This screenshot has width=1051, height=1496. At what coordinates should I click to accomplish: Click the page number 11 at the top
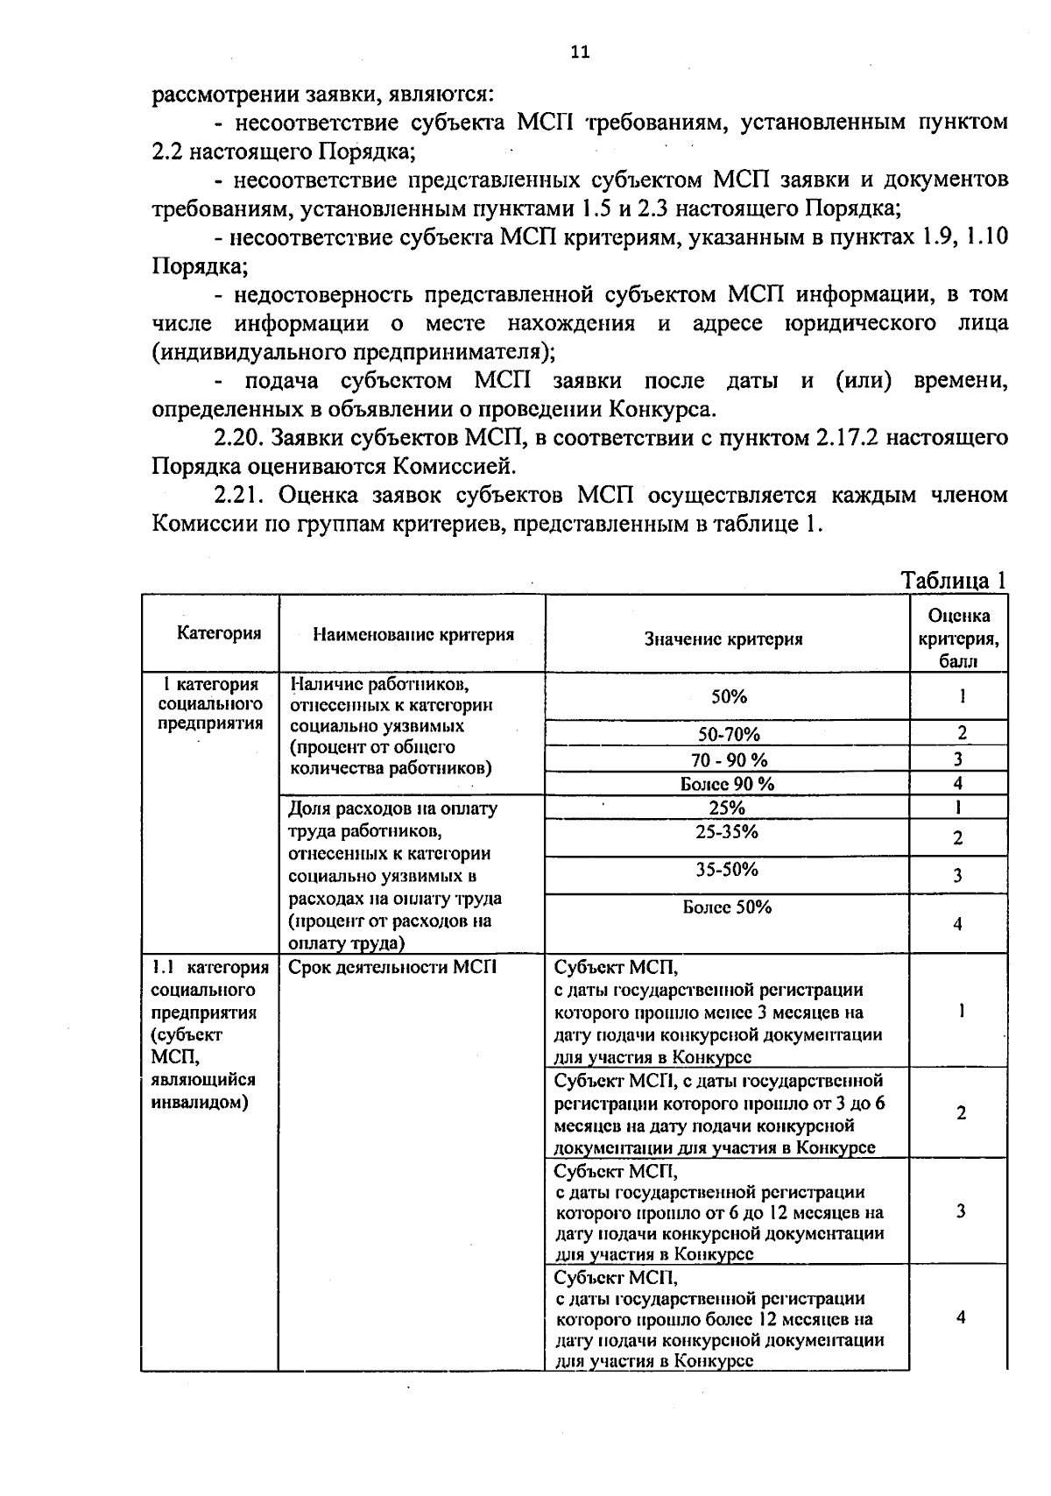[x=580, y=52]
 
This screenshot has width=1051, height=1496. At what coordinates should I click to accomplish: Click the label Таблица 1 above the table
[x=954, y=581]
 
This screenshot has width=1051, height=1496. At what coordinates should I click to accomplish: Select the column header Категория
[x=219, y=633]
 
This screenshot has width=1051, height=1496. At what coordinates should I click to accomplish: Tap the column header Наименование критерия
[x=413, y=634]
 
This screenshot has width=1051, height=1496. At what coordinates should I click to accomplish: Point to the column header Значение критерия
[x=723, y=639]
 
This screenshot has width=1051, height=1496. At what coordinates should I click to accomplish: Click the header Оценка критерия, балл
[x=959, y=639]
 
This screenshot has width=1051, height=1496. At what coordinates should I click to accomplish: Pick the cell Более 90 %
[x=727, y=784]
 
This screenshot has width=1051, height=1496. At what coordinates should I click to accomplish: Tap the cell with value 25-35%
[x=727, y=831]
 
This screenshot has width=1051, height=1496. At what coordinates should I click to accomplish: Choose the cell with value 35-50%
[x=727, y=869]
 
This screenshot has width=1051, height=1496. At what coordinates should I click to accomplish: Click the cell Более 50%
[x=727, y=907]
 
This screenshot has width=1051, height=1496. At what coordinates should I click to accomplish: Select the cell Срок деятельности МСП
[x=392, y=967]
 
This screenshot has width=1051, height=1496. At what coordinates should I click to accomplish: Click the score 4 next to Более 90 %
[x=958, y=784]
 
